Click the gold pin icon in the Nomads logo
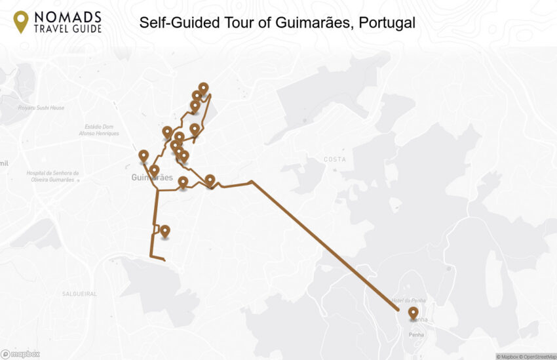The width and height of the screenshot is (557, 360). [21, 21]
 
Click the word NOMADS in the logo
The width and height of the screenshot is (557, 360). [69, 16]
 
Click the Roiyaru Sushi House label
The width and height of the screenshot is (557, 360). [41, 108]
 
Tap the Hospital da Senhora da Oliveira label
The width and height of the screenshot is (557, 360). [52, 176]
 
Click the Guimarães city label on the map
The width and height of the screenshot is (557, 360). [151, 178]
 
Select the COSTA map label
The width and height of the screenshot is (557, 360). [334, 159]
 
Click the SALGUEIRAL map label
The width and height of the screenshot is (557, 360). [79, 294]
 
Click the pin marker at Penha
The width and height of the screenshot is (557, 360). [413, 313]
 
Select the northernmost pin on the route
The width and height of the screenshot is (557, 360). [203, 88]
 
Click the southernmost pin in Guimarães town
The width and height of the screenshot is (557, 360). [165, 231]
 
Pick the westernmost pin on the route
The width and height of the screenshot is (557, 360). [144, 155]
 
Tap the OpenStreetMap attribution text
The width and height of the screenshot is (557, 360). [535, 357]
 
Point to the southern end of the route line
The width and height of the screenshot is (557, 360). [164, 260]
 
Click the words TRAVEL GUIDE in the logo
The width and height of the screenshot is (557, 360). [69, 28]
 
